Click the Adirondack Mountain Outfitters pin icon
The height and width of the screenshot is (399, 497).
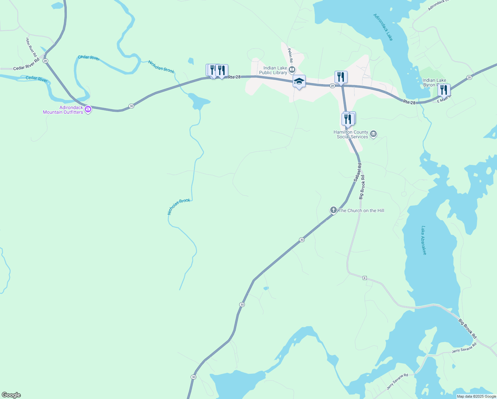[x=88, y=109]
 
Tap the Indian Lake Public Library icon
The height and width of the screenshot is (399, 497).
[x=292, y=70]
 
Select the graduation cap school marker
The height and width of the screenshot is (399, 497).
[x=299, y=81]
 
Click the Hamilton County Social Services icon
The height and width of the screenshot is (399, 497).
[x=373, y=134]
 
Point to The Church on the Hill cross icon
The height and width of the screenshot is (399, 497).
[x=333, y=210]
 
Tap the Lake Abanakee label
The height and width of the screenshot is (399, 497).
[x=424, y=240]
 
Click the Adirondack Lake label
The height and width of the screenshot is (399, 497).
[x=383, y=27]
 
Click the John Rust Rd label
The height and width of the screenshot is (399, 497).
[x=31, y=47]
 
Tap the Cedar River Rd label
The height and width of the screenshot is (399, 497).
[x=26, y=64]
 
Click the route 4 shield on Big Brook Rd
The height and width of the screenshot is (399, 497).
[x=365, y=278]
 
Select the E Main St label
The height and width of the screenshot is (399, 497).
[x=445, y=99]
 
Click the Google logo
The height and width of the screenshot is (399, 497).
[x=11, y=395]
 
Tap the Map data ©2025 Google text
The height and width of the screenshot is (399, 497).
[x=476, y=396]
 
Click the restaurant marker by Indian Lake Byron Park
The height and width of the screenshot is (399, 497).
[x=444, y=90]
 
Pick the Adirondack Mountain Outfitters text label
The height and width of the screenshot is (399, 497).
[x=63, y=110]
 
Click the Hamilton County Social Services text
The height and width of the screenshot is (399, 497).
[x=351, y=134]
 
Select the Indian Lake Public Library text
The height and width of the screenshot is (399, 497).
[x=273, y=70]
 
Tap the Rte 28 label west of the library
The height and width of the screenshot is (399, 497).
[x=234, y=77]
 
